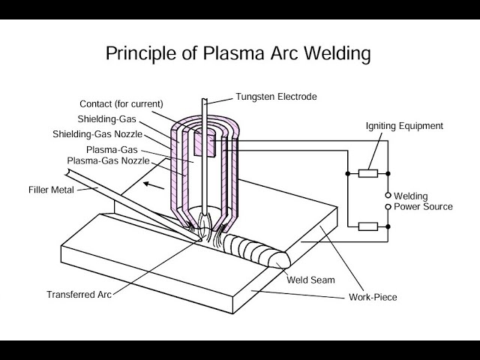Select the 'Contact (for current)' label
[x=121, y=103]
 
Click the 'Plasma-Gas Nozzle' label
[x=108, y=160]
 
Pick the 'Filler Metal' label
[x=52, y=189]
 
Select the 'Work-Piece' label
[x=373, y=297]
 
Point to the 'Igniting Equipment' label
[x=403, y=125]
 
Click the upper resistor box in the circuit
[x=367, y=173]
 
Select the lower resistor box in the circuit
[x=367, y=226]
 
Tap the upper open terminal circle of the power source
[x=388, y=194]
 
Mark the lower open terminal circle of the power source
[x=388, y=205]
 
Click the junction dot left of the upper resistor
[x=348, y=173]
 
